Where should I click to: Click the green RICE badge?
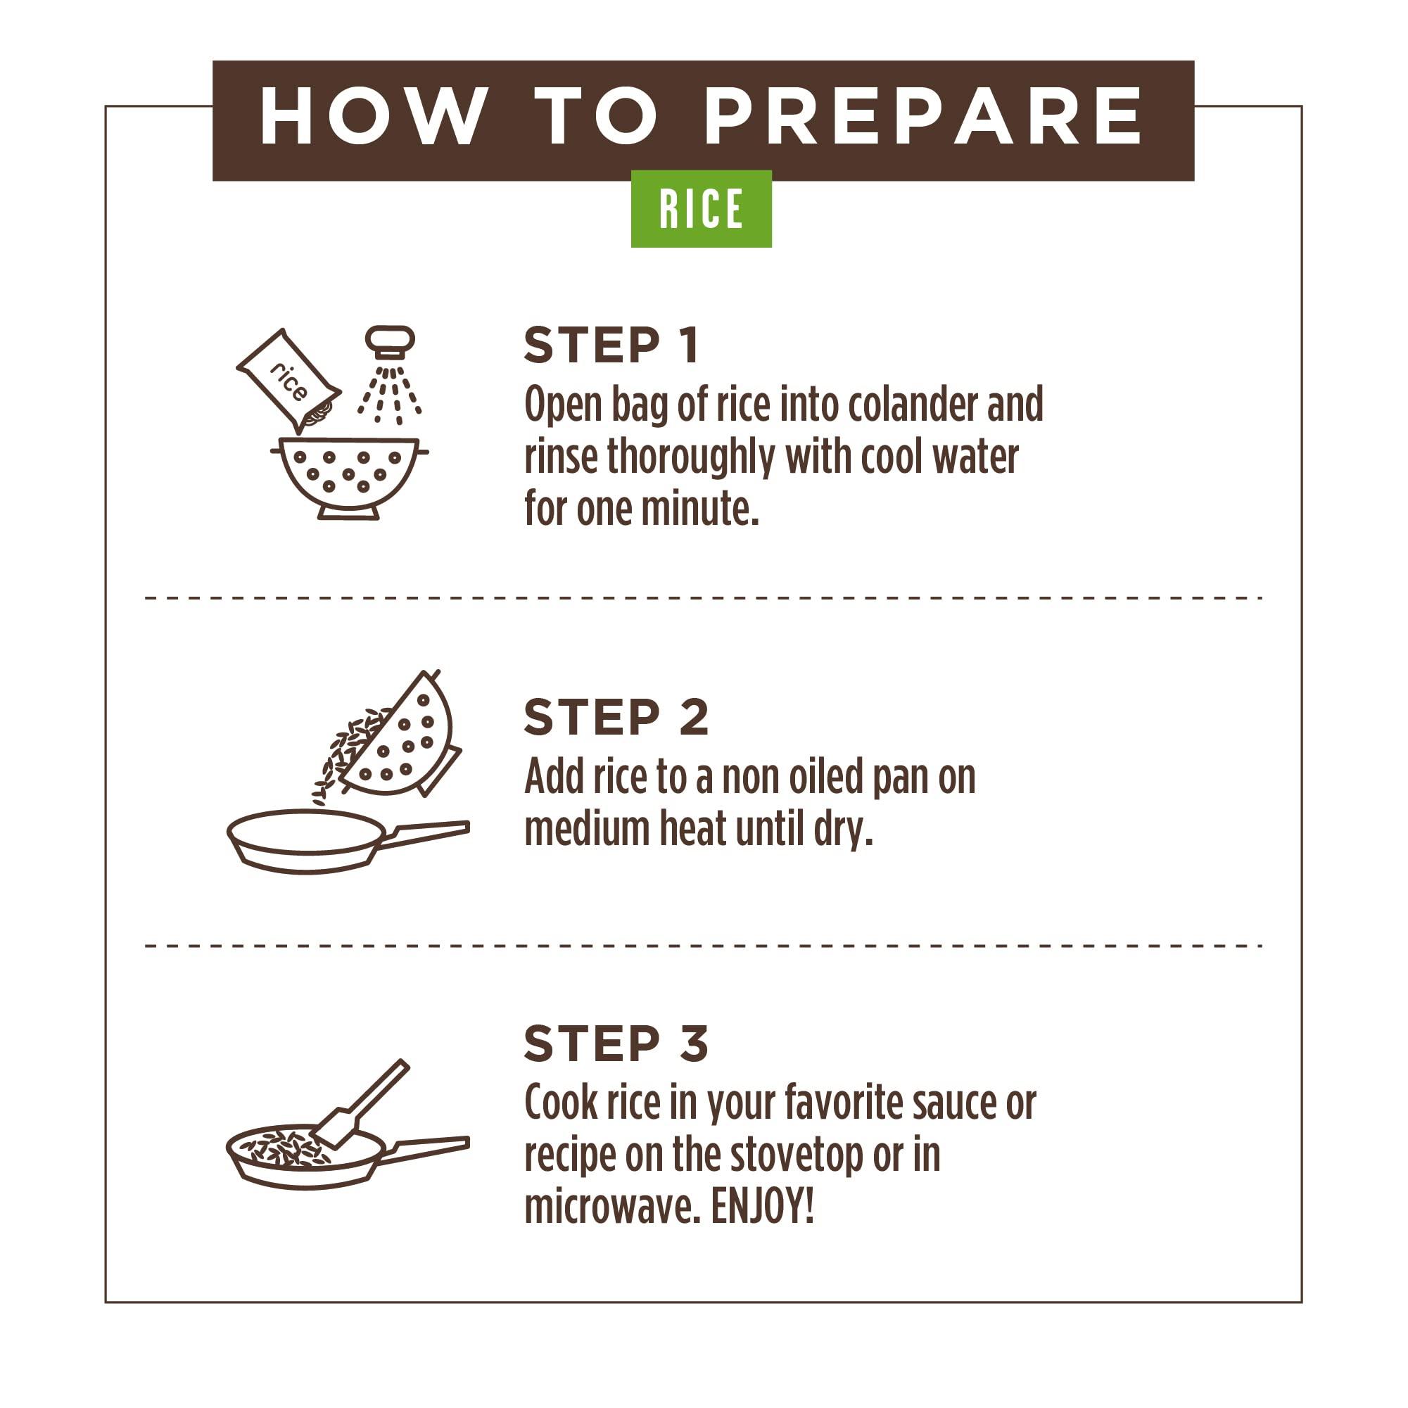coord(701,208)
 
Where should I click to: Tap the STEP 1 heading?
coord(612,345)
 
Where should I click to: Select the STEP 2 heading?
coord(616,717)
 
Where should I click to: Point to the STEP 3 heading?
coord(616,1044)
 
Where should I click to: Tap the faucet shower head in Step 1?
coord(390,342)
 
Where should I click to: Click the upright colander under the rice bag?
coord(349,478)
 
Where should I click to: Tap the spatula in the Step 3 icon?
coord(362,1104)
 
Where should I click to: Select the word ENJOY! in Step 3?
coord(762,1206)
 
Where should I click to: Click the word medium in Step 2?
coord(587,829)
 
